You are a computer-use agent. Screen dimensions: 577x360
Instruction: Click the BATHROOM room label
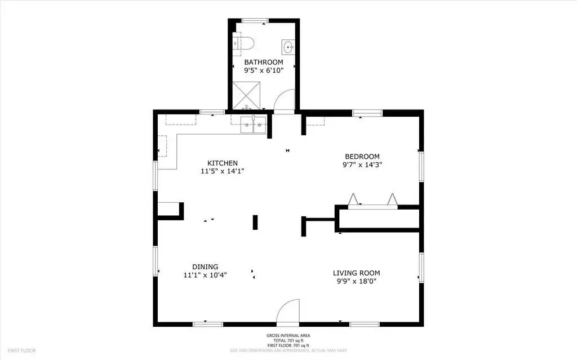click(264, 62)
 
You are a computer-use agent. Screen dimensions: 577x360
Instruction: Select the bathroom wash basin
click(288, 47)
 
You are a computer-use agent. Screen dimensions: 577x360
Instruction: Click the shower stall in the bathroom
click(246, 95)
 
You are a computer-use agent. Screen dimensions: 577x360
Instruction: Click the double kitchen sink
click(254, 125)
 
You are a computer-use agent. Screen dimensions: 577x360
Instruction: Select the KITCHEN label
click(223, 163)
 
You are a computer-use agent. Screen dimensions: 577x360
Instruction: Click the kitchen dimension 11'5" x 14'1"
click(223, 171)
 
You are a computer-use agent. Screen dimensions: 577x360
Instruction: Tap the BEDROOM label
click(362, 157)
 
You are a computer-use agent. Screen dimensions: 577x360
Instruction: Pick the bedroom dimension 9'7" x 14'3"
click(362, 165)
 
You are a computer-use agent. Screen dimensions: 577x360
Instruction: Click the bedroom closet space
click(379, 219)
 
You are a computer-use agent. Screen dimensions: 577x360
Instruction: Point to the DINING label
click(205, 267)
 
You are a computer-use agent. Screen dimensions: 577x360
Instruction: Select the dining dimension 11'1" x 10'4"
click(205, 275)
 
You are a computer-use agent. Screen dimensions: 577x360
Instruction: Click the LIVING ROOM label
click(356, 273)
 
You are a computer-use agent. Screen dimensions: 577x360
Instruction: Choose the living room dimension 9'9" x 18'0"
click(356, 282)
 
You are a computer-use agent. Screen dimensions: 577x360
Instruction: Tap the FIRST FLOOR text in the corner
click(22, 350)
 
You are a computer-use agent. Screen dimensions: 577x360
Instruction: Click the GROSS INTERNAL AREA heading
click(288, 335)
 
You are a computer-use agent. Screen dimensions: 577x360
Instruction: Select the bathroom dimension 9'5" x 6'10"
click(264, 70)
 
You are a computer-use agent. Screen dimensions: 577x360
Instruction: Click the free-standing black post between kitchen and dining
click(255, 223)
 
